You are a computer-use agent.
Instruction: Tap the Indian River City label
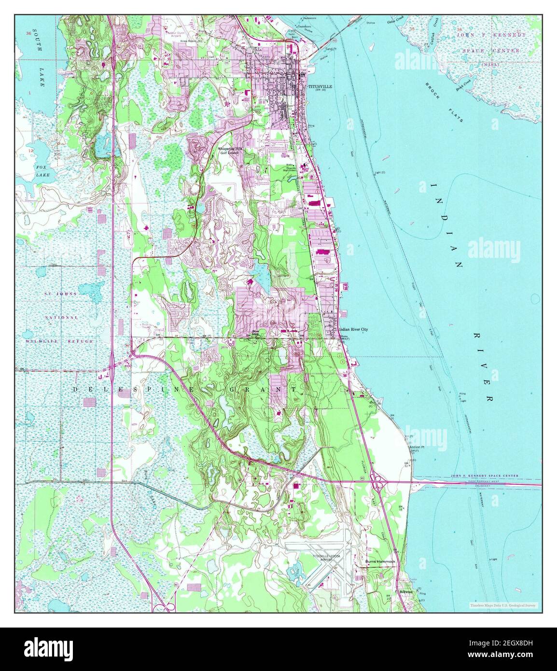coord(354,329)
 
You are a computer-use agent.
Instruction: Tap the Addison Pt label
coord(416,447)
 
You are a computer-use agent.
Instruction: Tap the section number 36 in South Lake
coord(29,34)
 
